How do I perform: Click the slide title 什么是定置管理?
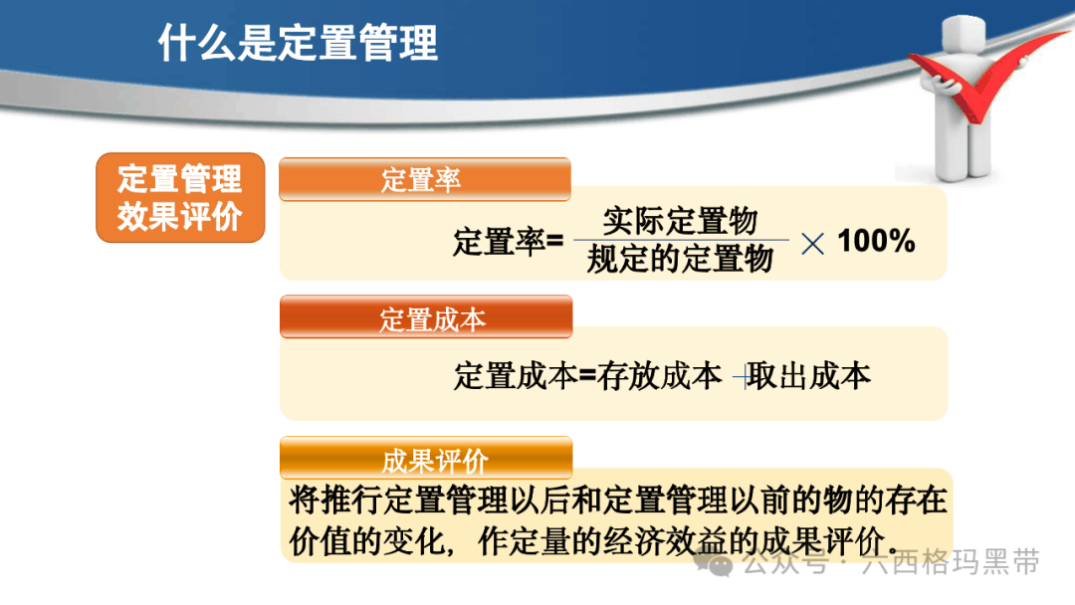click(298, 43)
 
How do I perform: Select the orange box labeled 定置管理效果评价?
click(180, 197)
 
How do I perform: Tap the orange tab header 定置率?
click(425, 179)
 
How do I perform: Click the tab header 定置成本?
click(426, 317)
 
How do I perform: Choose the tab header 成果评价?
click(426, 459)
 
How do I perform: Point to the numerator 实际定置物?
click(680, 221)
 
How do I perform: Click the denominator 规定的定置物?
click(680, 259)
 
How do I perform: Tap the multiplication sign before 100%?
click(812, 243)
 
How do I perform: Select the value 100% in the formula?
click(876, 241)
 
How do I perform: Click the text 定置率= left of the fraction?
click(508, 242)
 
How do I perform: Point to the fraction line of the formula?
click(682, 240)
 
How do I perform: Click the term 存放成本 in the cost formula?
click(660, 376)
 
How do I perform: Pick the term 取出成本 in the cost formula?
click(809, 376)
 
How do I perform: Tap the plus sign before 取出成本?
click(742, 376)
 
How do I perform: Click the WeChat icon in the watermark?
click(713, 563)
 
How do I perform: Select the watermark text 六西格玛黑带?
click(951, 562)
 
